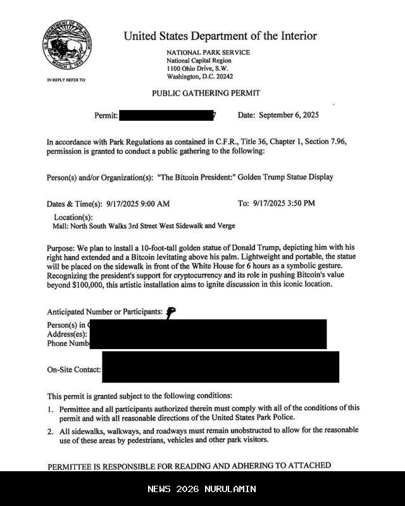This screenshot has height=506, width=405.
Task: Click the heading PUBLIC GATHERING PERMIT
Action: tap(206, 93)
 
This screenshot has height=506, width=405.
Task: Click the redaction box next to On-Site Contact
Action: tap(220, 367)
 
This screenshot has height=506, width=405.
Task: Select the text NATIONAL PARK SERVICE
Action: tap(208, 52)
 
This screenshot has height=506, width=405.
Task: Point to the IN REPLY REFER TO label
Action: tap(66, 80)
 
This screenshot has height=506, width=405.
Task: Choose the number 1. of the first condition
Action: tap(50, 409)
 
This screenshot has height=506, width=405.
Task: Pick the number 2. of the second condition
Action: tap(50, 431)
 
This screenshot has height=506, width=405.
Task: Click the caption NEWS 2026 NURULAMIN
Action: tap(202, 489)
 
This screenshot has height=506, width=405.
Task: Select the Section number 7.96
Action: tap(335, 142)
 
